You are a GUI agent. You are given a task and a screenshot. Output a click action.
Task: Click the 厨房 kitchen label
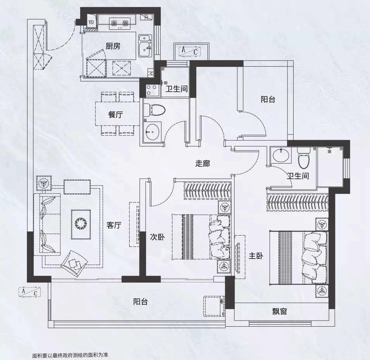113,46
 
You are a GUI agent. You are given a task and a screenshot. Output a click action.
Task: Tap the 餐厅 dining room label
116,114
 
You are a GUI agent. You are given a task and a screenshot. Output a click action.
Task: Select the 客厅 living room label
114,225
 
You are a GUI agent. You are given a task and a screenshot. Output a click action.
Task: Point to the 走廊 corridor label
203,164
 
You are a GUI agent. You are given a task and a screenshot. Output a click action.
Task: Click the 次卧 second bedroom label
157,237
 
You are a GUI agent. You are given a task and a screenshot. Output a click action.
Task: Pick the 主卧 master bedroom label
256,256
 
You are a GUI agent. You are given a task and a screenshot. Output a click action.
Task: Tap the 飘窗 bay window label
279,312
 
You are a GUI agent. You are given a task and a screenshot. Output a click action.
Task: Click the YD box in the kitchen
91,22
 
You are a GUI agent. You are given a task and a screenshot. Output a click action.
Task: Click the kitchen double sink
145,46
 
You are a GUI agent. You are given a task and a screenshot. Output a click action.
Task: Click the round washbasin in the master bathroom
281,155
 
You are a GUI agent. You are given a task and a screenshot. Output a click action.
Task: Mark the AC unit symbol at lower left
30,292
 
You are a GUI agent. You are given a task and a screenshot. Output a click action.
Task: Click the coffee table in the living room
81,224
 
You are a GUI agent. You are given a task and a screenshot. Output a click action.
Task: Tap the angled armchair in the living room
74,264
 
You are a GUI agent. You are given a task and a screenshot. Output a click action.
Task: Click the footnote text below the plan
70,355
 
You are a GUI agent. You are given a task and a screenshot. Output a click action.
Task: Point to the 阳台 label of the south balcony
140,301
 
